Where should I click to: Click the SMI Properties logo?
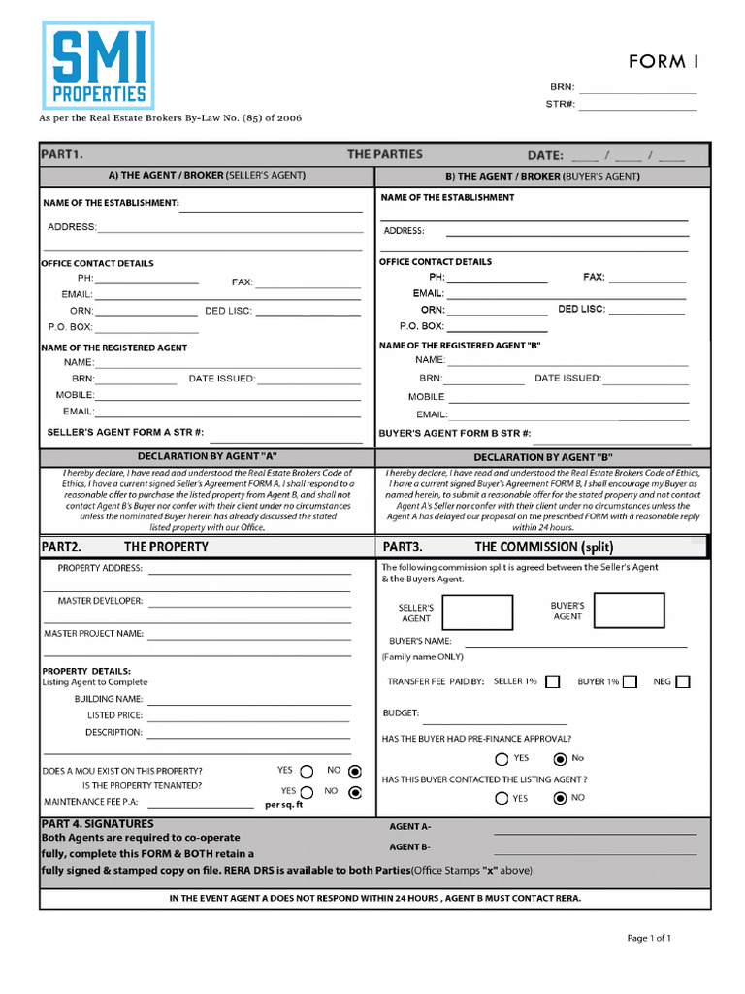point(98,65)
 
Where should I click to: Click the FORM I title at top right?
point(664,62)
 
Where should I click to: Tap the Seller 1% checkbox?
point(552,681)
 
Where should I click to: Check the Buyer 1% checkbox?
point(631,681)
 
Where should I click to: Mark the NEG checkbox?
point(683,681)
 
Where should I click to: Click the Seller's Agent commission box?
point(477,613)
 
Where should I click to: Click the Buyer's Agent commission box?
point(630,611)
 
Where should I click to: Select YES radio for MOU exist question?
point(307,771)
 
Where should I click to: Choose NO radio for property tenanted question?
point(355,792)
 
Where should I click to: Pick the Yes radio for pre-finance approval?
point(502,759)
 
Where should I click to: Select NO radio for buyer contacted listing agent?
point(560,799)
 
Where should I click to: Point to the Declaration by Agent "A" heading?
point(207,456)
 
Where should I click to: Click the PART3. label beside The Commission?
point(403,547)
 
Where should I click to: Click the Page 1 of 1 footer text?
point(649,938)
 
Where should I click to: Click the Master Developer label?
point(100,601)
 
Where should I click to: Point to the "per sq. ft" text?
point(283,805)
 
